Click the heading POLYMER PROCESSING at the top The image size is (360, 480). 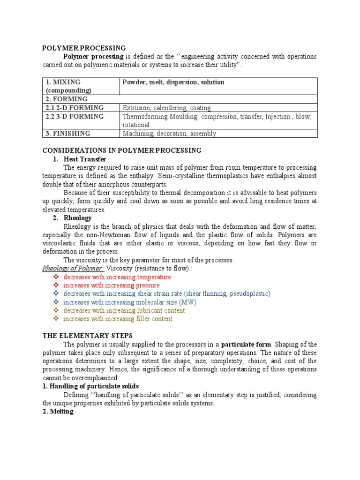pos(84,48)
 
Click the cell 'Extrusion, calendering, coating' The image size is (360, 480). pos(166,108)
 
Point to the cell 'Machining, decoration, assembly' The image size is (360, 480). pos(169,134)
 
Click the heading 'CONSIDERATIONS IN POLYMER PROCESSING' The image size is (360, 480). pos(122,150)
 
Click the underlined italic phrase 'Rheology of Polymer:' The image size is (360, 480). pos(73,268)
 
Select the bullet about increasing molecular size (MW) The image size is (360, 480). pos(129,302)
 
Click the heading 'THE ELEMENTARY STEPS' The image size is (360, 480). pos(88,336)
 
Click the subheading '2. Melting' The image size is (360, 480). pos(58,412)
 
